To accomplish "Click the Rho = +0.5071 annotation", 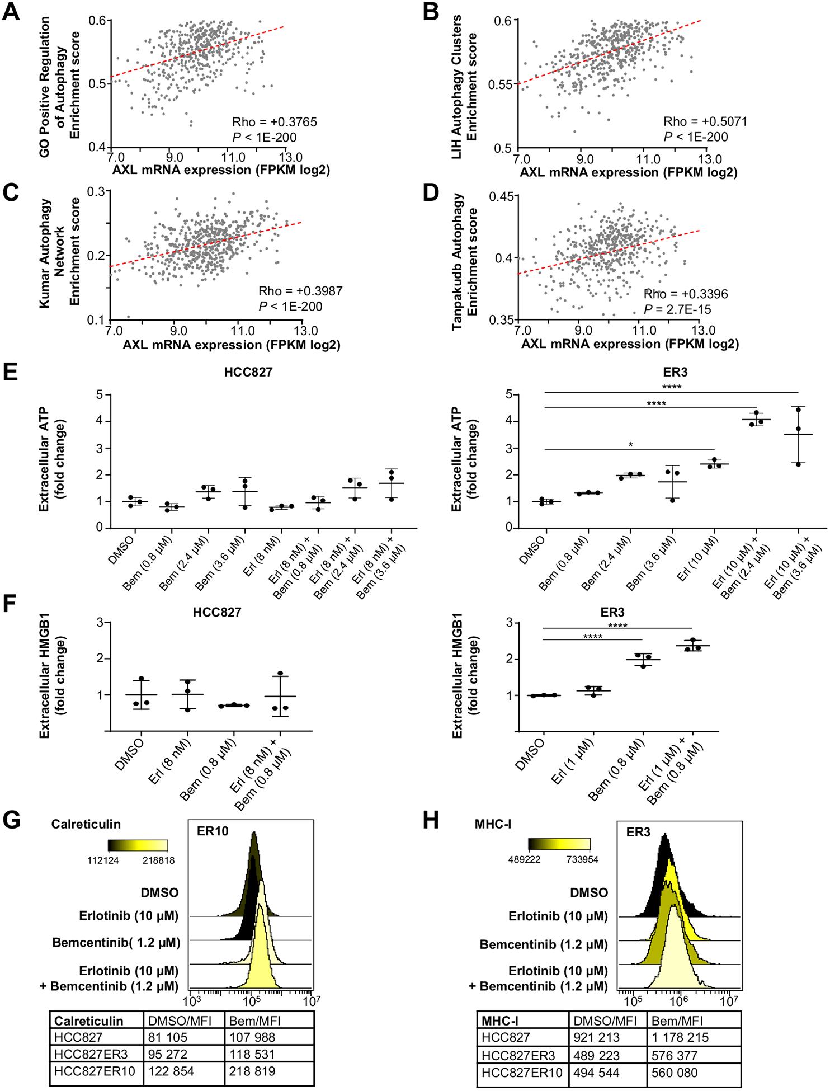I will click(x=705, y=121).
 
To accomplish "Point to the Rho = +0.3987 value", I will click(x=300, y=291).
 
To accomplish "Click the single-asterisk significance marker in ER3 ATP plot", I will click(x=630, y=445).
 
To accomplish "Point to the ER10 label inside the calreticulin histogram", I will click(x=212, y=830).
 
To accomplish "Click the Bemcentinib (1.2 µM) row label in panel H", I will click(x=543, y=945).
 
